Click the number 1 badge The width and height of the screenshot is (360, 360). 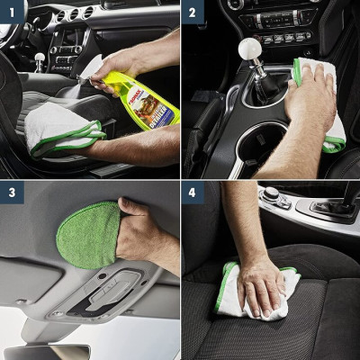13,13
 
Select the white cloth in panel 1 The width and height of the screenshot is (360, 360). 58,130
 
